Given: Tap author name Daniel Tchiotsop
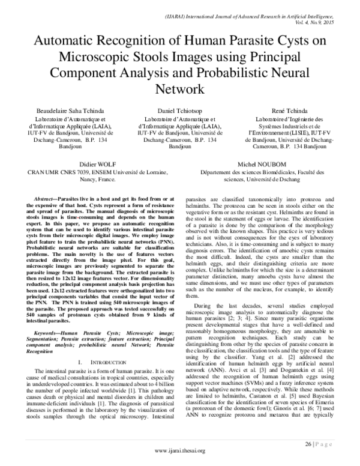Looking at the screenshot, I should click(x=180, y=112).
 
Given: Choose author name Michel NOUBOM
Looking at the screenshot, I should click(x=263, y=163).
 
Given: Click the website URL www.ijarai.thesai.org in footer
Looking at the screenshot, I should click(x=180, y=450).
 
